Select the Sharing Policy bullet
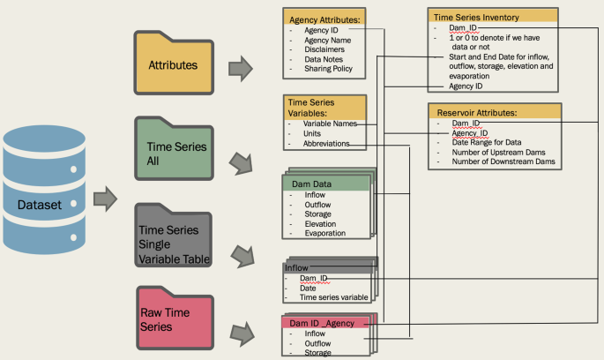[x=328, y=68]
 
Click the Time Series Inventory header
[x=477, y=17]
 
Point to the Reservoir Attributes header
[x=475, y=113]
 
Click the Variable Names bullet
[x=330, y=124]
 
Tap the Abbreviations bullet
[x=326, y=143]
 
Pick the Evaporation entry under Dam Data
[x=325, y=233]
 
